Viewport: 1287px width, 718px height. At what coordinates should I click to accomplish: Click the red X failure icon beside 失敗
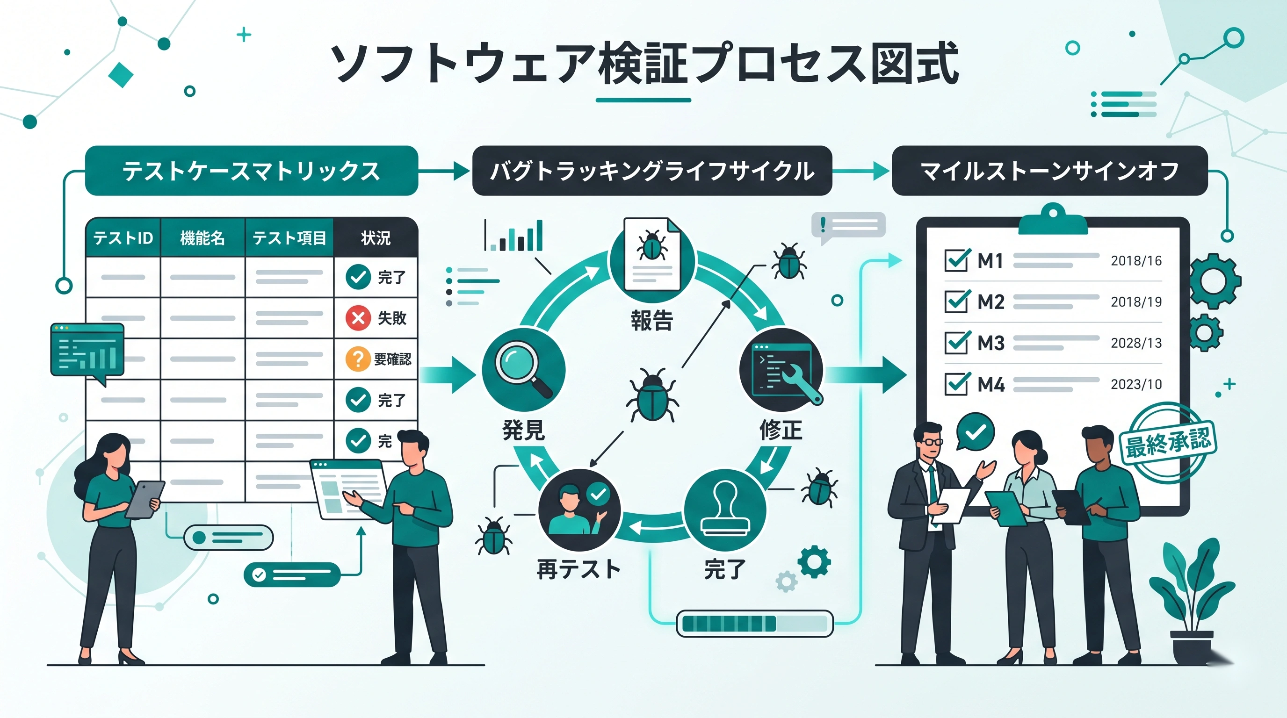(x=358, y=317)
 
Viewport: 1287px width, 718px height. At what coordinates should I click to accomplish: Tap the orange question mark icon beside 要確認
(x=358, y=359)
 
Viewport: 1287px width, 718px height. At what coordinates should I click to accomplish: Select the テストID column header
(x=123, y=237)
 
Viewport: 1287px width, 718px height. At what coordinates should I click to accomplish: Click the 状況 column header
(x=376, y=237)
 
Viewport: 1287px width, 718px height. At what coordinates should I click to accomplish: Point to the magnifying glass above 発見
(x=521, y=367)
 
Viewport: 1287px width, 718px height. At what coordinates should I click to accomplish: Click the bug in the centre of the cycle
(x=652, y=395)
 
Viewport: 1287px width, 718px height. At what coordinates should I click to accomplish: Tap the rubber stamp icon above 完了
(x=725, y=510)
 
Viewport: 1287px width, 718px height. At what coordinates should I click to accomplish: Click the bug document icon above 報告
(x=652, y=255)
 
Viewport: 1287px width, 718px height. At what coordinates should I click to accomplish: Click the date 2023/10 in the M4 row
(x=1136, y=384)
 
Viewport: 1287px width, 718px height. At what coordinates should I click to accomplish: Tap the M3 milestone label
(x=991, y=343)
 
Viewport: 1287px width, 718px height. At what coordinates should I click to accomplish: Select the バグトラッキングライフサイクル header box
(x=652, y=171)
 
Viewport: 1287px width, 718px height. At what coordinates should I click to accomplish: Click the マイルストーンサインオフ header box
(x=1049, y=171)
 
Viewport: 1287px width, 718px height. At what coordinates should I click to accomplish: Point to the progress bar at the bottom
(x=754, y=624)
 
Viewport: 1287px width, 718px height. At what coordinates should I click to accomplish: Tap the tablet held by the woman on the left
(x=145, y=499)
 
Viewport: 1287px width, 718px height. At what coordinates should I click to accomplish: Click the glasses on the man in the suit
(x=931, y=442)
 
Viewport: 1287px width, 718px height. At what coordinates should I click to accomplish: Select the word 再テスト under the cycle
(x=578, y=569)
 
